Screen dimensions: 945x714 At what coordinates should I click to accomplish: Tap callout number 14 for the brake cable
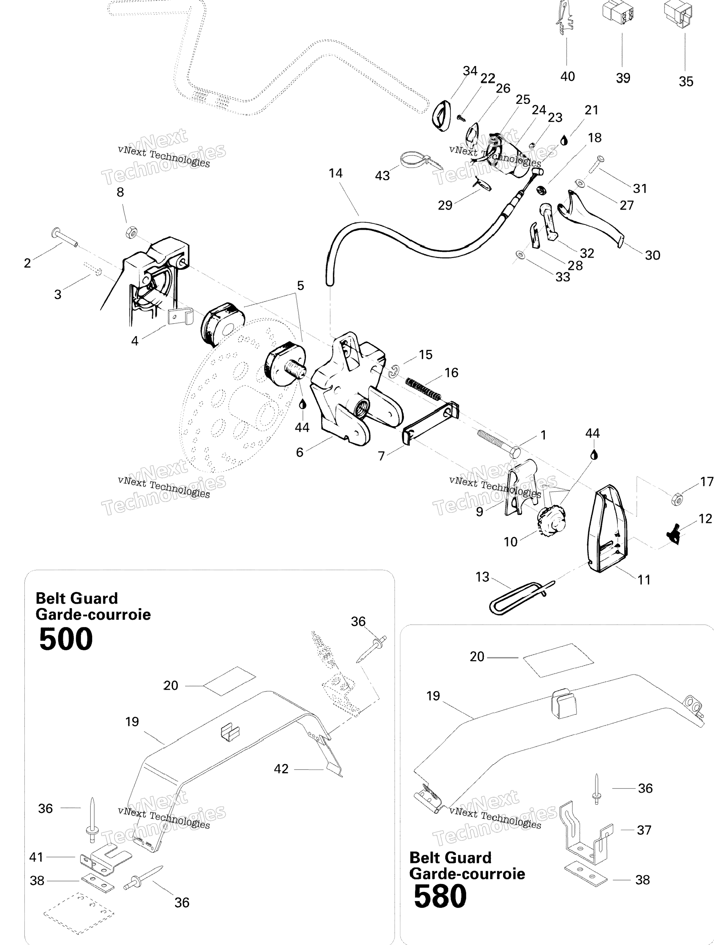click(335, 173)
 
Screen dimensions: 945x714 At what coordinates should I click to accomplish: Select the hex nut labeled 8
click(131, 232)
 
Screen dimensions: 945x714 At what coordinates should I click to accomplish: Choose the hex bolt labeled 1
click(498, 443)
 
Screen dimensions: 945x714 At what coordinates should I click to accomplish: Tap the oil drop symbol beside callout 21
click(564, 141)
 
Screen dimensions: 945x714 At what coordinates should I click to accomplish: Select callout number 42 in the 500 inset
click(281, 769)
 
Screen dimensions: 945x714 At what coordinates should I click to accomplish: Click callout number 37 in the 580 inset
click(644, 830)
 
